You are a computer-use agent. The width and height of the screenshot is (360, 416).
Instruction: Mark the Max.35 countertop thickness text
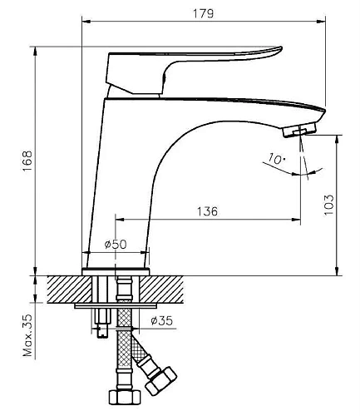[x=27, y=336]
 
